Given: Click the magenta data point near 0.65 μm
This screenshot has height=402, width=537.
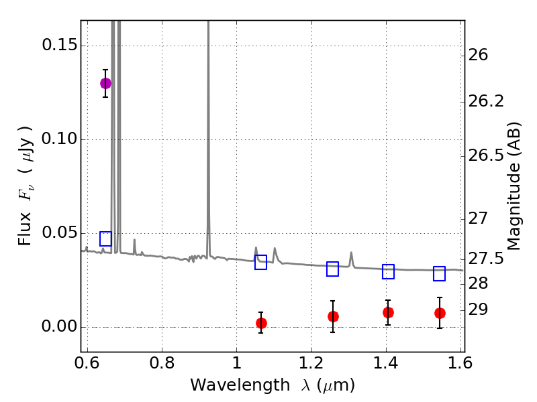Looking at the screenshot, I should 105,83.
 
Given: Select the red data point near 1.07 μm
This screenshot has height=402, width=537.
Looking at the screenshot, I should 261,323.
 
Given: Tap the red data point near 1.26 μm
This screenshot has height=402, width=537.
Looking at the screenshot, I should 333,316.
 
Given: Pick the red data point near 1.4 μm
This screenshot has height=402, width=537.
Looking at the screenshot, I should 388,312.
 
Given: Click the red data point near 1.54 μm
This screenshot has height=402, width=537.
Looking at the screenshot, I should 440,313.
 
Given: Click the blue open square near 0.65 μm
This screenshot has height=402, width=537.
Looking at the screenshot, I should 105,239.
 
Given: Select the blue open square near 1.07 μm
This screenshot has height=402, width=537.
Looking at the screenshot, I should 261,262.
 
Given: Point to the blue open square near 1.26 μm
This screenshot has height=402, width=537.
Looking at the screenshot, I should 333,269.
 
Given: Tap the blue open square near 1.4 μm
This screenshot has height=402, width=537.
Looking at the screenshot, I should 388,271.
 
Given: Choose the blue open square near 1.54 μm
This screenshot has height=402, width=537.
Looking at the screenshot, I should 440,273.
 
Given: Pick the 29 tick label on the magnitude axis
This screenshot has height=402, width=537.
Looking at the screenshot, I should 481,310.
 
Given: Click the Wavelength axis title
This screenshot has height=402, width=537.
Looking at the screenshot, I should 272,385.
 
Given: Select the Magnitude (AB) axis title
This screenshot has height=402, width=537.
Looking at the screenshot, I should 514,186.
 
